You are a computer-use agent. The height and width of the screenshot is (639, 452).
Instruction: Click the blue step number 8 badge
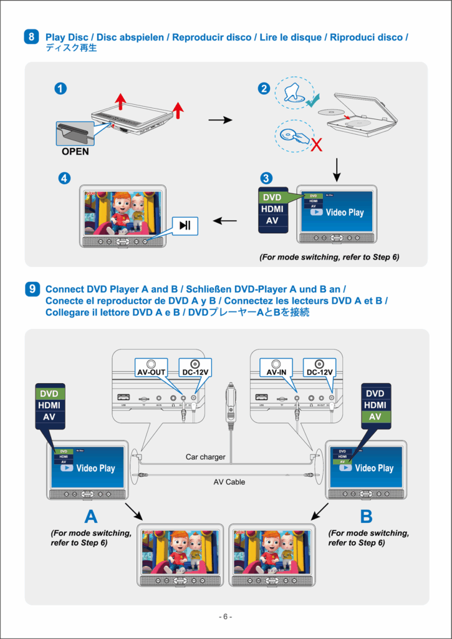(32, 37)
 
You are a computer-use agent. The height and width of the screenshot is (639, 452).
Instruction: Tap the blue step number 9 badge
(32, 289)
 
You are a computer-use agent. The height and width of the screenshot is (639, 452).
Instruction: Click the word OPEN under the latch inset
(75, 151)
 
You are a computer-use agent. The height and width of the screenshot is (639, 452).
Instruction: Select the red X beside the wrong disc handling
(317, 146)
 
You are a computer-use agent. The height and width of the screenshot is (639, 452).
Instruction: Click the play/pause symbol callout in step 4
(185, 225)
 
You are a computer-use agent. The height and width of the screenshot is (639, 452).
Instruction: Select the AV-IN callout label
(277, 372)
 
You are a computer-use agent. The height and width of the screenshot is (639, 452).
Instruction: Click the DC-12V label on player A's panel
(195, 372)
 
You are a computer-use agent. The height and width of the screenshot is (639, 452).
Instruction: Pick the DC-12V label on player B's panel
(319, 372)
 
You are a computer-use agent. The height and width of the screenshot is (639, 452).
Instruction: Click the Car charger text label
(205, 457)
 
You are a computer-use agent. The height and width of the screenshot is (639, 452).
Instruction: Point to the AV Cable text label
(229, 482)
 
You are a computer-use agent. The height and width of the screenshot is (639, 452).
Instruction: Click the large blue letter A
(91, 517)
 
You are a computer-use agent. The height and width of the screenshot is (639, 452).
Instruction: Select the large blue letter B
(366, 517)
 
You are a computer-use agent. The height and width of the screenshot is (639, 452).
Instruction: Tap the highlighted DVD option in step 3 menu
(272, 198)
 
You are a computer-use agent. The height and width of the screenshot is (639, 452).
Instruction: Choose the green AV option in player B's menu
(375, 417)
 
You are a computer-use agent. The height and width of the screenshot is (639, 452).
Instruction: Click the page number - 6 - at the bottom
(226, 617)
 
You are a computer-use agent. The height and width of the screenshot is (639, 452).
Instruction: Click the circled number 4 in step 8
(64, 178)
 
